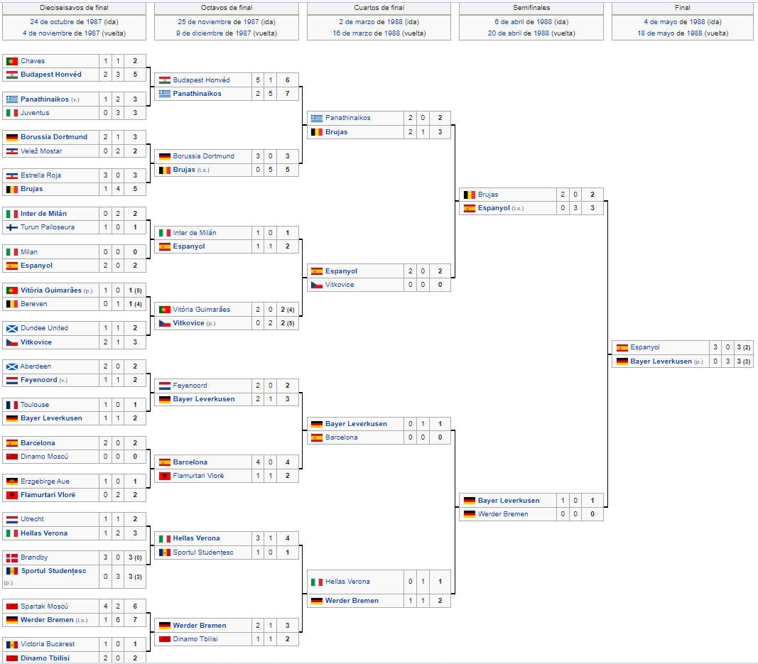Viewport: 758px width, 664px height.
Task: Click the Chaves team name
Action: click(x=33, y=61)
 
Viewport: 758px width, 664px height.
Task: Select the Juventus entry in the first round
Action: click(x=35, y=113)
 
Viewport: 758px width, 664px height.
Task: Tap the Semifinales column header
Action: click(x=531, y=8)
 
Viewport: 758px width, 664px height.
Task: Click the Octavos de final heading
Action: click(x=226, y=8)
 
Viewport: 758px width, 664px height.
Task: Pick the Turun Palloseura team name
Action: click(x=48, y=227)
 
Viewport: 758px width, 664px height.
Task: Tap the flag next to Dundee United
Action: click(x=12, y=328)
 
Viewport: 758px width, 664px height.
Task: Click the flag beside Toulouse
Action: click(x=12, y=405)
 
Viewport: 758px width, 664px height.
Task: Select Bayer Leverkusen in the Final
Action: click(x=661, y=361)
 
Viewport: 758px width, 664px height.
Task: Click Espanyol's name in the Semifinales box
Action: click(x=494, y=208)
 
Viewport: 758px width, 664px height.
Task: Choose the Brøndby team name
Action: click(x=34, y=557)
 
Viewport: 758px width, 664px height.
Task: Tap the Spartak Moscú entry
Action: click(x=44, y=606)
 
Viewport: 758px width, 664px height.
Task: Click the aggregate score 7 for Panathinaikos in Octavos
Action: click(x=287, y=93)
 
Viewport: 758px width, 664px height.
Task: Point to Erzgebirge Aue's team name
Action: click(x=45, y=481)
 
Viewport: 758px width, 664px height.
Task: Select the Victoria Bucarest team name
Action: click(x=48, y=643)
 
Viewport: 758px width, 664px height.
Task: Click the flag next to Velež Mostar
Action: click(x=12, y=151)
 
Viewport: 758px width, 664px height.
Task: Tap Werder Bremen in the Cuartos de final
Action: click(x=352, y=601)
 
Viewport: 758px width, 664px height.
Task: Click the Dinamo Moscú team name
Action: click(x=44, y=456)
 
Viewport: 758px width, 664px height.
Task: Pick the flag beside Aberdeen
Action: click(x=12, y=366)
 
